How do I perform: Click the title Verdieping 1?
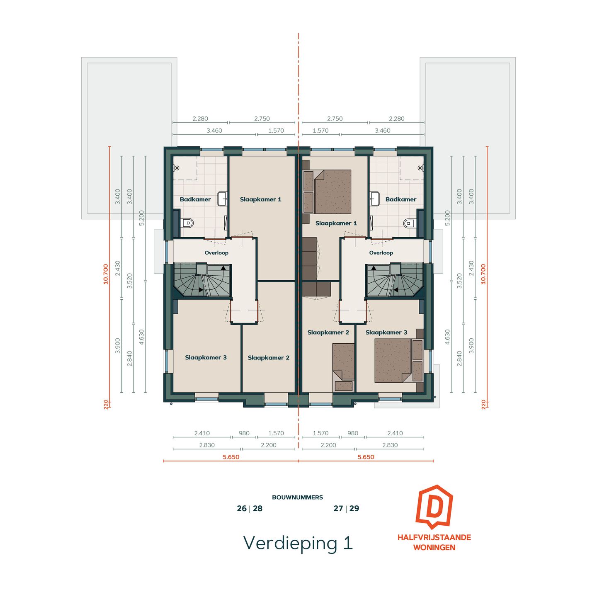coord(298,543)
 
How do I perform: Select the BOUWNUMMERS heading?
coord(297,497)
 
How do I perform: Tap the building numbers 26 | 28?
coord(250,509)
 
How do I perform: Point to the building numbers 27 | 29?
coord(346,509)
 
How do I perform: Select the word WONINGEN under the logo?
coord(434,548)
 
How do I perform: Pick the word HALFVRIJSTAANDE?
coord(434,537)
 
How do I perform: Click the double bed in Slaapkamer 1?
coord(332,192)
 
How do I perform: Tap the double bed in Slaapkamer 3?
coord(393,360)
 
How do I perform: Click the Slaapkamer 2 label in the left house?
coord(268,358)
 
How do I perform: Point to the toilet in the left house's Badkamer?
coord(187,223)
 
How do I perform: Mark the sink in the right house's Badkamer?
coord(375,199)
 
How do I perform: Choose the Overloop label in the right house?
coord(381,253)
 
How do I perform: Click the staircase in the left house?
coord(202,280)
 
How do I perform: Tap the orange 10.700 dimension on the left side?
coord(106,274)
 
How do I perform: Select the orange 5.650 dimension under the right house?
coord(366,457)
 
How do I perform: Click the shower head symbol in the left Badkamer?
coord(177,168)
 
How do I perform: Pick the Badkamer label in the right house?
coord(400,199)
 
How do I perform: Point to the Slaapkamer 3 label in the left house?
coord(206,358)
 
